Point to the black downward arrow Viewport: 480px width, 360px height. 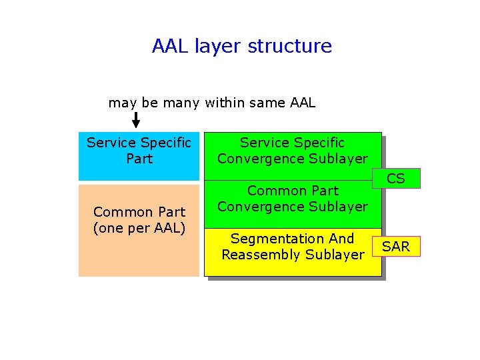coord(136,120)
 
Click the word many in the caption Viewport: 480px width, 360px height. coord(180,103)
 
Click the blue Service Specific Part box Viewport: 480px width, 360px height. coord(139,156)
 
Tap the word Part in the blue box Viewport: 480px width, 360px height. coord(139,159)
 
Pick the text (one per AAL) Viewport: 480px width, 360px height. coord(139,228)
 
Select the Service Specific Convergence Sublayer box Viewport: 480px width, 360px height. coord(293,155)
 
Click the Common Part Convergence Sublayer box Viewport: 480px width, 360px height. coord(293,203)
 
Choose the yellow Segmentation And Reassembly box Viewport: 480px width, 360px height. coord(293,252)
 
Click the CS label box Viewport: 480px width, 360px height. coord(396,179)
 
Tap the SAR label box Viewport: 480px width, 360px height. coord(396,247)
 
